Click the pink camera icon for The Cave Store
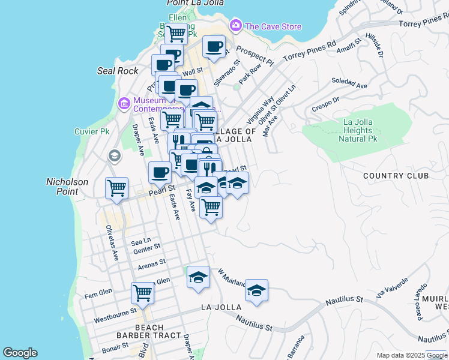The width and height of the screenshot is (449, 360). pos(236,26)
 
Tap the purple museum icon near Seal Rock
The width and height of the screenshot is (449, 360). pos(124,104)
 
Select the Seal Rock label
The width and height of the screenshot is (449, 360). pos(118,71)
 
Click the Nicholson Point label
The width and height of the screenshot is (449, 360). pos(67,186)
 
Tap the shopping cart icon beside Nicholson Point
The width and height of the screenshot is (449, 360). pos(116,187)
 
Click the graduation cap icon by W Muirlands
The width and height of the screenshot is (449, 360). pos(256,290)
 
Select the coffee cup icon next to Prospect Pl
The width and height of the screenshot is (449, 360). pos(214,46)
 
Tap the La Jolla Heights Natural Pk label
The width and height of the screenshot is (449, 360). pos(358,130)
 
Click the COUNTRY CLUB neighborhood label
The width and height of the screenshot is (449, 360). pos(396,176)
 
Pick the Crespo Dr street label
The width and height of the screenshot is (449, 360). pos(326,104)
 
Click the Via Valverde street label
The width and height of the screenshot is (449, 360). pos(392,289)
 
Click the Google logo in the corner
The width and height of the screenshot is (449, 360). pos(20,353)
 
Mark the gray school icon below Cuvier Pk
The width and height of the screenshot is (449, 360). pos(113,157)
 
